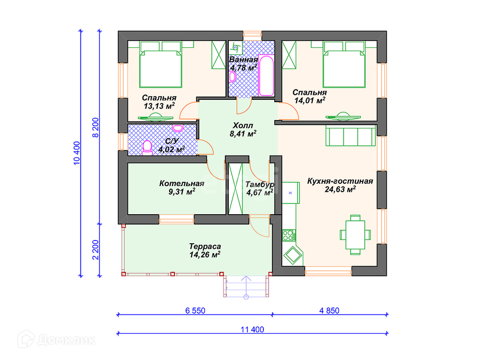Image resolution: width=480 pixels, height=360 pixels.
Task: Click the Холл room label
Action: (243, 126)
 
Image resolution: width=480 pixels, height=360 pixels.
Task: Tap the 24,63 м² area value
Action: (340, 189)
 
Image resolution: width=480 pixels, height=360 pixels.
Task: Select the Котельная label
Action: (181, 183)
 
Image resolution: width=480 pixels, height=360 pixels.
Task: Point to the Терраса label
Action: (205, 247)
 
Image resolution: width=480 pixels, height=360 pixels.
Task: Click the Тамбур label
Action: (260, 185)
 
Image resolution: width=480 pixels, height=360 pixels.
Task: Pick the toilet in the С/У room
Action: (147, 148)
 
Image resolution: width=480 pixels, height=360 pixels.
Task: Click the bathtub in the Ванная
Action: (266, 75)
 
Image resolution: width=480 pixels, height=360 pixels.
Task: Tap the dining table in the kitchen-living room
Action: (355, 235)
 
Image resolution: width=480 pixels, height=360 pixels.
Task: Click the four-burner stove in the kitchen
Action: (289, 235)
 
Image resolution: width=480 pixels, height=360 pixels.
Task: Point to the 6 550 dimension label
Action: (195, 311)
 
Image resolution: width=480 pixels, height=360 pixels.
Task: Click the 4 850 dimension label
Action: (330, 311)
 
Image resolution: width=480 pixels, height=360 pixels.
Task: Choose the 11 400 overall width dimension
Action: (252, 330)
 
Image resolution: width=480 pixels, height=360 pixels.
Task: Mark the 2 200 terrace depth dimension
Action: (96, 250)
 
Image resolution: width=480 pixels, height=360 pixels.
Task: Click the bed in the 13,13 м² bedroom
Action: (161, 65)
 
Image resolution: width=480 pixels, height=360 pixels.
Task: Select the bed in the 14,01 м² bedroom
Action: (344, 65)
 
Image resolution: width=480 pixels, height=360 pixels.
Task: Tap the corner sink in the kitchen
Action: (292, 255)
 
